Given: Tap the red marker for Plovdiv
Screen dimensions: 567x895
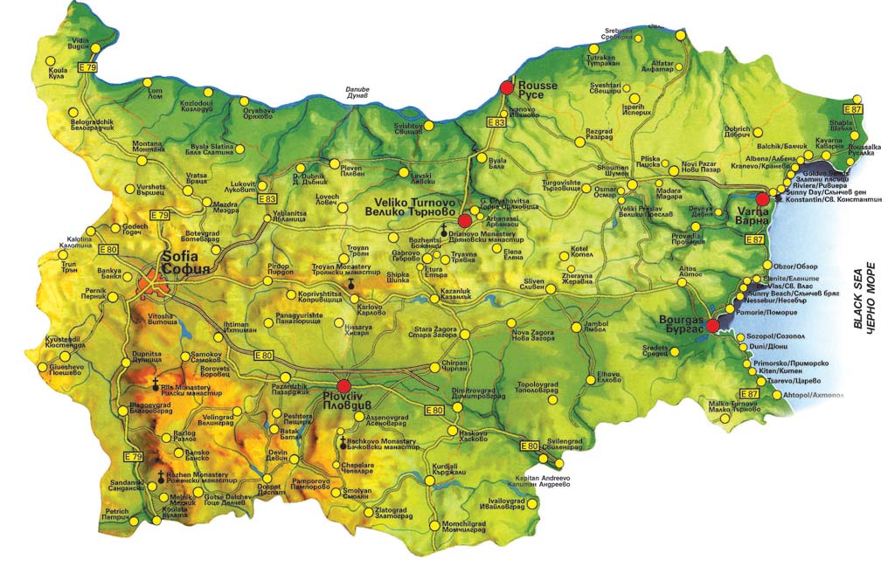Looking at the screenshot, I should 343,385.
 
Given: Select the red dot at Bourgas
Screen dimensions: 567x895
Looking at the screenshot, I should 712,326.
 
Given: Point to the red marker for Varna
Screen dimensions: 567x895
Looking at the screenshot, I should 762,199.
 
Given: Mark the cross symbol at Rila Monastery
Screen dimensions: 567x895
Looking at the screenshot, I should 156,384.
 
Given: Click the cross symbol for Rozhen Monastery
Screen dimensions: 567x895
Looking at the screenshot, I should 160,476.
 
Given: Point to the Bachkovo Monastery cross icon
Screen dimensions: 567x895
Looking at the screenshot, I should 342,442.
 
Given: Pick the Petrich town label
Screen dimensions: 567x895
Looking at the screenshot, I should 117,515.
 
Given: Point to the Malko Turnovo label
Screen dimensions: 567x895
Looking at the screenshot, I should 732,406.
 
